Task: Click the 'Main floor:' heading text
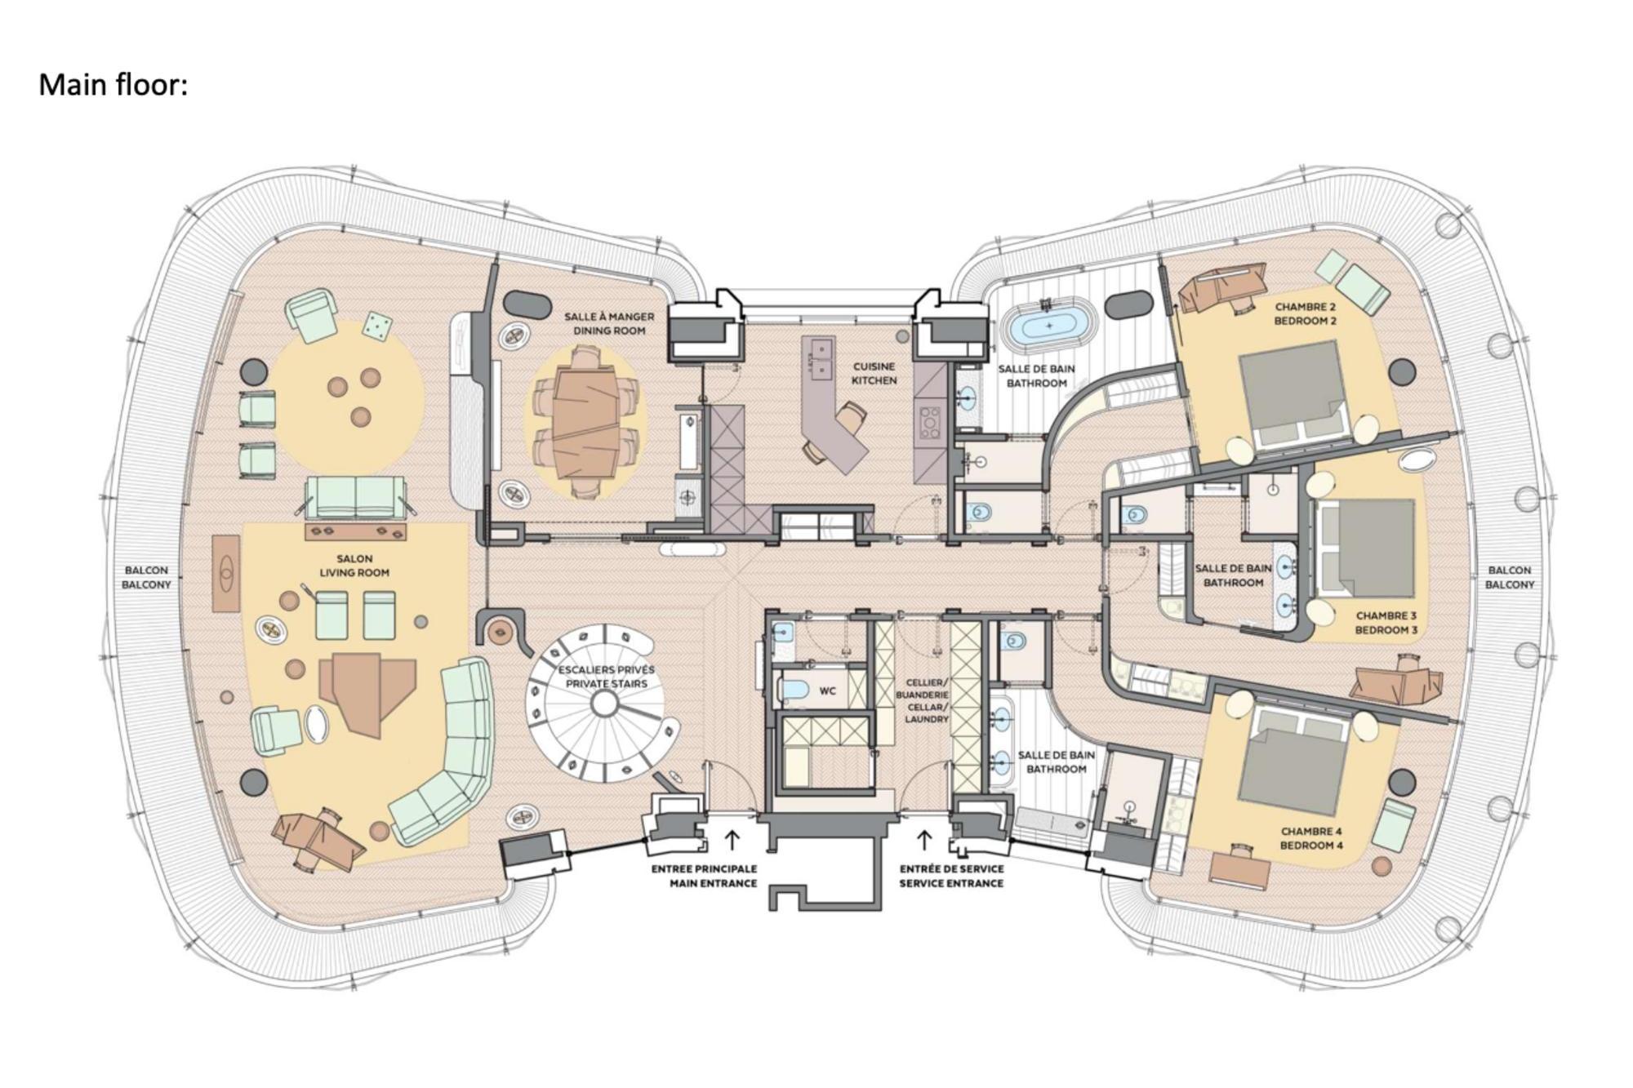(x=113, y=85)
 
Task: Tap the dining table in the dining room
(x=585, y=423)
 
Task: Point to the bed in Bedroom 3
(x=1364, y=547)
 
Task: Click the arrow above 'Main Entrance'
(x=732, y=840)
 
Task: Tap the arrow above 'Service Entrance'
(x=924, y=840)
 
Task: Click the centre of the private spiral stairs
(x=604, y=703)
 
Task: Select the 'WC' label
(x=827, y=691)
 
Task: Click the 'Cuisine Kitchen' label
(x=874, y=374)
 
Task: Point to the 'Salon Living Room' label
(x=354, y=566)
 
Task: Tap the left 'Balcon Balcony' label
(x=146, y=578)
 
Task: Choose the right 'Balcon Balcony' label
(x=1510, y=578)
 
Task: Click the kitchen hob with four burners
(x=930, y=421)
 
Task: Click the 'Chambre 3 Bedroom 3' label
(x=1386, y=623)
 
